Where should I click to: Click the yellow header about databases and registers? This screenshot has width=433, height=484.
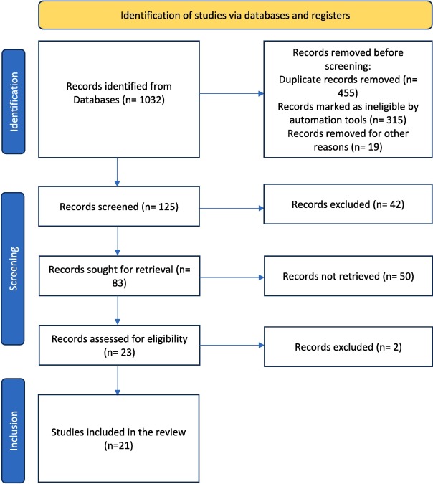235,15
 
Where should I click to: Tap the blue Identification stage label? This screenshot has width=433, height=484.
14,102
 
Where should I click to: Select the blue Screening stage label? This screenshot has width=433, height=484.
14,269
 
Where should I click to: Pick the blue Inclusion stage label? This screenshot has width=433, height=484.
14,430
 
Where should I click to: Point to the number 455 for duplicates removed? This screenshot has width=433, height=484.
347,93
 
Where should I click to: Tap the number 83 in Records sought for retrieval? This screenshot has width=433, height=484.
118,283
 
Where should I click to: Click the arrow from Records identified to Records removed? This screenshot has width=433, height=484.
232,93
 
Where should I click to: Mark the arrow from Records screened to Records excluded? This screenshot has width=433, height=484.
232,209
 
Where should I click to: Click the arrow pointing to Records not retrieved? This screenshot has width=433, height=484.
232,277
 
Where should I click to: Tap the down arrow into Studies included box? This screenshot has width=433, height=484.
118,380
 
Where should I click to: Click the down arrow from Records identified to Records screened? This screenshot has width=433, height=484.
117,172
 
